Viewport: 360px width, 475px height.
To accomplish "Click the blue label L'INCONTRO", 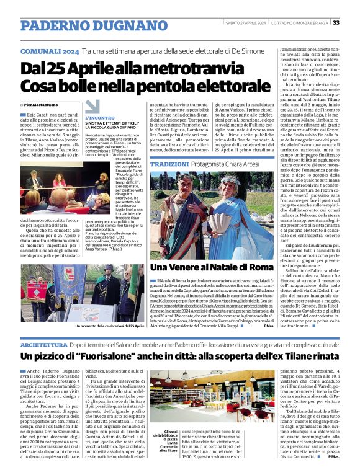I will point(99,117).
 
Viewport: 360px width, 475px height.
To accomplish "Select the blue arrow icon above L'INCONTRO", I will point(91,107).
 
